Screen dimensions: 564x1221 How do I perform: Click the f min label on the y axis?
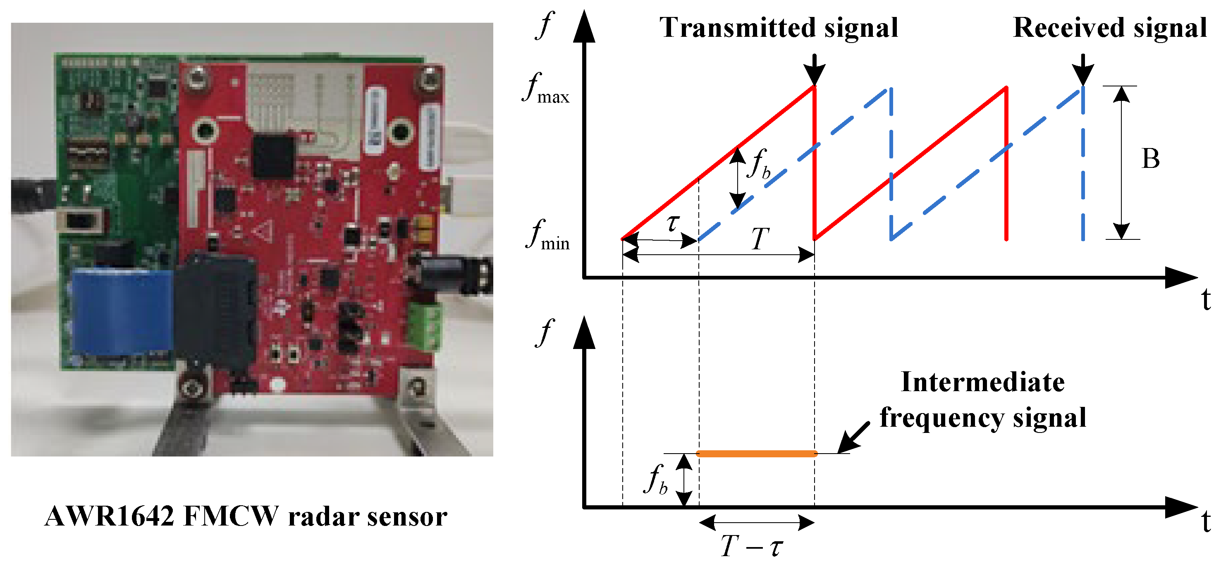point(547,236)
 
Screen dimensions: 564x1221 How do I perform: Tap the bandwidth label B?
point(1150,159)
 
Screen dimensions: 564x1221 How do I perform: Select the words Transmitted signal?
point(778,27)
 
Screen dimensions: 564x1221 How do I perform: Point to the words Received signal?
point(1109,27)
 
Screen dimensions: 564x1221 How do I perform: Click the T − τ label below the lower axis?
point(752,546)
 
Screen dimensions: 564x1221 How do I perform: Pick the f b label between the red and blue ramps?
point(759,163)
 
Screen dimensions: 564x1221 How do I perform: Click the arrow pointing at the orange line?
point(853,437)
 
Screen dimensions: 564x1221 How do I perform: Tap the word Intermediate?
point(982,382)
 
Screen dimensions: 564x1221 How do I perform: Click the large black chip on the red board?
point(273,156)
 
